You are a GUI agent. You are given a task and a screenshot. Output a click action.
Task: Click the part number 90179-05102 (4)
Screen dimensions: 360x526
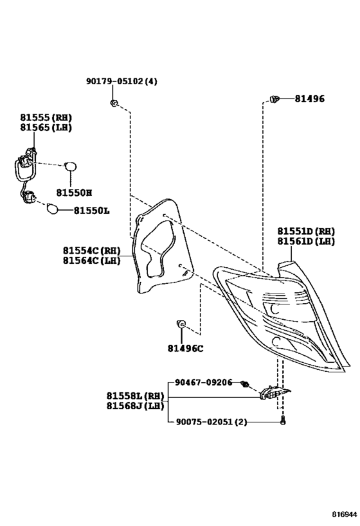click(x=122, y=81)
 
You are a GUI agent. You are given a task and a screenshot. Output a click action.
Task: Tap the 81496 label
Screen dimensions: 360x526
click(x=310, y=99)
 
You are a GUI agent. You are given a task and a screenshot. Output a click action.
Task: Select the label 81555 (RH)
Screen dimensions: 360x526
click(x=46, y=118)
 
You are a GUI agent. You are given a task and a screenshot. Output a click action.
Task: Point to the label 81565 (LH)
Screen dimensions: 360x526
click(x=46, y=127)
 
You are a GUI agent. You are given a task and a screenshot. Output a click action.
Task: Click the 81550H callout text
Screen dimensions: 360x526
click(x=74, y=193)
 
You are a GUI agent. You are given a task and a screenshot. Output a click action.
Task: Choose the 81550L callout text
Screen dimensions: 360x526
click(x=92, y=211)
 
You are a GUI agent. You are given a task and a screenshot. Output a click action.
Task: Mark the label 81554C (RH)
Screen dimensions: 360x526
click(x=91, y=250)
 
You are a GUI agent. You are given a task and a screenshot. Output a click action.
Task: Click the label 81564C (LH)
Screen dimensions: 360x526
click(x=91, y=260)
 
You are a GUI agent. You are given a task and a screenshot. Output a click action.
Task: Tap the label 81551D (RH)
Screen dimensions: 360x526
click(x=306, y=231)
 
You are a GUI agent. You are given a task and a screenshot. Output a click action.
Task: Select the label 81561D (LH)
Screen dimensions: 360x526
click(x=306, y=241)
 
